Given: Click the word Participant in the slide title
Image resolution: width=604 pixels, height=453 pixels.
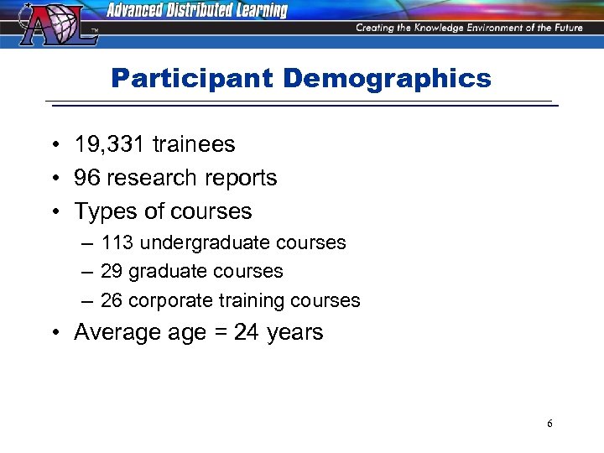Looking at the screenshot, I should (x=192, y=79).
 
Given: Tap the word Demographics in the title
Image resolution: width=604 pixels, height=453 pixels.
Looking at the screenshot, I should (x=387, y=79).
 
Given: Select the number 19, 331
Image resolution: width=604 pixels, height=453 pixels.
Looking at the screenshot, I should (x=110, y=144).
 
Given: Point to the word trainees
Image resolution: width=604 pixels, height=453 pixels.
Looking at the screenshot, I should (x=194, y=144).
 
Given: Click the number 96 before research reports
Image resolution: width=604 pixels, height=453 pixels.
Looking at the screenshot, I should (x=86, y=178).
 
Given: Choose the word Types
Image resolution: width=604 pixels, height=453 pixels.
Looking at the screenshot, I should (x=102, y=211).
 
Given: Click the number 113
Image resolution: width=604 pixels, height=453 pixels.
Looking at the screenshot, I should (x=117, y=242).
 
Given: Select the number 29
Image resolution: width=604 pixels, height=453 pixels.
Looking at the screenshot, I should (x=112, y=272).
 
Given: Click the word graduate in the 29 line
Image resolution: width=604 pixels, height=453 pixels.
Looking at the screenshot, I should (x=168, y=272).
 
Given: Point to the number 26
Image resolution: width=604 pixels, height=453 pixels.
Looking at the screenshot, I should (x=112, y=300).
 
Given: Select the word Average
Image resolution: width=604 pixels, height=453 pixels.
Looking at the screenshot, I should (x=116, y=332).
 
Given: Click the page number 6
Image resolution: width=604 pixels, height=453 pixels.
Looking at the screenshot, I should (x=549, y=424).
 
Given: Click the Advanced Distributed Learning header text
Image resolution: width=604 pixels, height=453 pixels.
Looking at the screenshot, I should (x=197, y=11).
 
